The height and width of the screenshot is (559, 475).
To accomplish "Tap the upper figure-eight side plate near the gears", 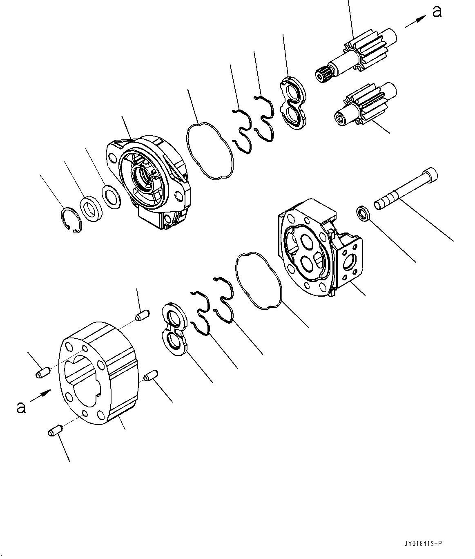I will [293, 102].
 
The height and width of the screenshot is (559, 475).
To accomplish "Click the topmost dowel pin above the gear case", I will [142, 315].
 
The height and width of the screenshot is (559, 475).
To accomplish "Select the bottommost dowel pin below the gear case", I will [54, 430].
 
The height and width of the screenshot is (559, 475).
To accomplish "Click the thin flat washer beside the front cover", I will [111, 197].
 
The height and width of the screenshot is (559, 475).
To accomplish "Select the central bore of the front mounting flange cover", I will [145, 177].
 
